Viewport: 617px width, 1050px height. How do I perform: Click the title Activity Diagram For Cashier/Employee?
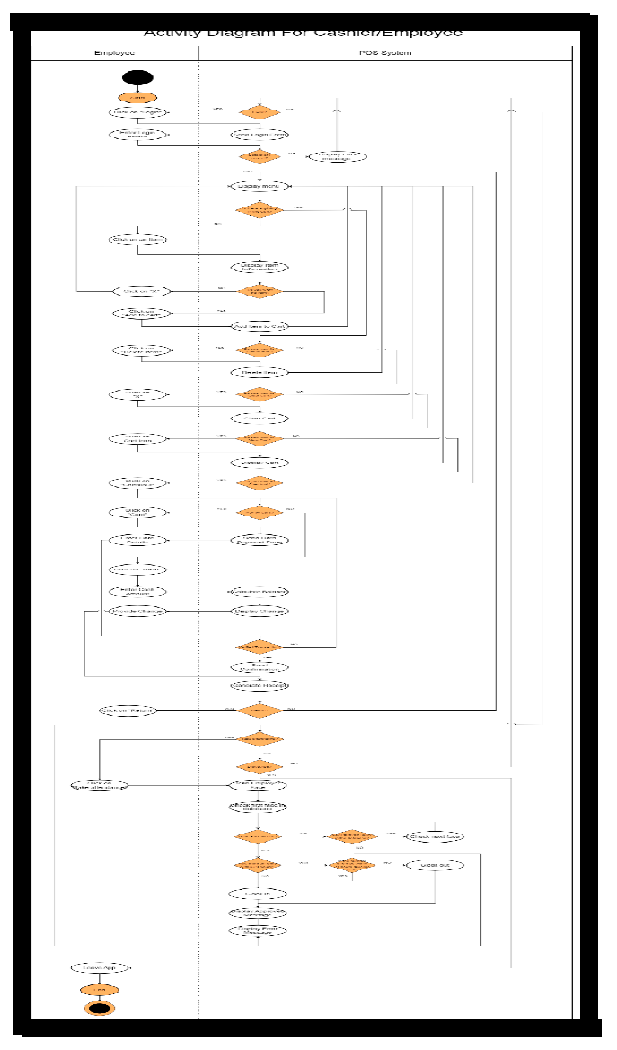pos(304,33)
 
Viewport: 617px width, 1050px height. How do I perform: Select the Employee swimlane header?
pos(115,54)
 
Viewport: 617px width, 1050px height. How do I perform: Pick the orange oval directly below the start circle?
pos(137,97)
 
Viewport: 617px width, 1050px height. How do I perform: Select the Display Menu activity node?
pos(259,187)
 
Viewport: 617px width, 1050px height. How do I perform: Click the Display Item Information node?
pos(259,267)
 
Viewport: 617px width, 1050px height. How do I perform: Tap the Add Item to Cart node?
pos(259,326)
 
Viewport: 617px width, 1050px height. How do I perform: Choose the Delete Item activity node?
pos(259,372)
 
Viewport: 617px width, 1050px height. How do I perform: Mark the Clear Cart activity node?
pos(259,418)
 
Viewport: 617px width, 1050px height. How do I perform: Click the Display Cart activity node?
pos(259,463)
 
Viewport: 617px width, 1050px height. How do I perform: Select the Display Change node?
pos(259,612)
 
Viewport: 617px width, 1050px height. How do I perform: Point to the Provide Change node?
pos(137,612)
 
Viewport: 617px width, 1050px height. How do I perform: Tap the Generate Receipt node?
pos(259,685)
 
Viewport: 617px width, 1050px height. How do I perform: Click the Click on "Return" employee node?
pos(128,710)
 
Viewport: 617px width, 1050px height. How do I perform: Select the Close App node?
pos(100,967)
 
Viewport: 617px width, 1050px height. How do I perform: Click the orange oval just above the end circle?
pos(100,989)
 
